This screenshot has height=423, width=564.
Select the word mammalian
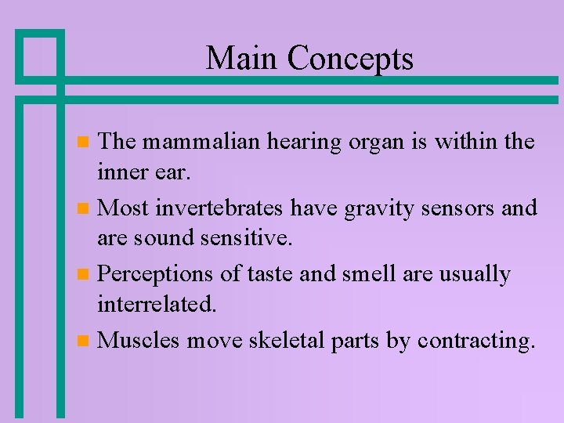pyautogui.click(x=202, y=142)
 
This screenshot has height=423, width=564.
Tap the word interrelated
pyautogui.click(x=157, y=303)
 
